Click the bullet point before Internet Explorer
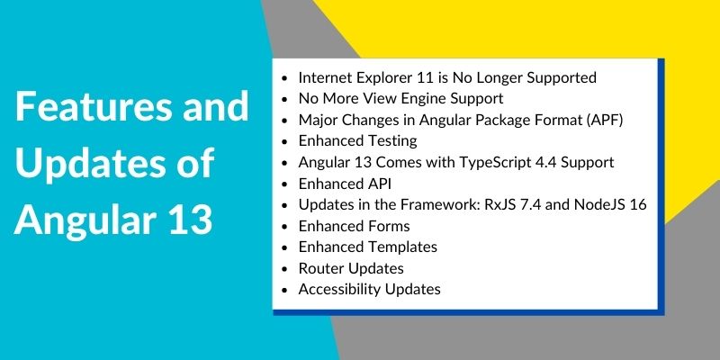click(x=285, y=78)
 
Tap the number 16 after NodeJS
click(x=638, y=205)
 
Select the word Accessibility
click(x=340, y=290)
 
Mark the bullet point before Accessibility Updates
click(x=285, y=290)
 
